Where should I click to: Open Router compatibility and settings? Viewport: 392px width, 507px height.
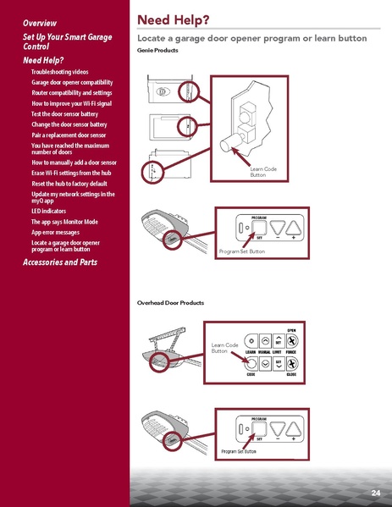(x=72, y=92)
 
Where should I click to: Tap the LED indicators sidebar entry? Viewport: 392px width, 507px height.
(x=48, y=210)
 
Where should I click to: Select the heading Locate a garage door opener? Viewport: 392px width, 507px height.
(x=251, y=39)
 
